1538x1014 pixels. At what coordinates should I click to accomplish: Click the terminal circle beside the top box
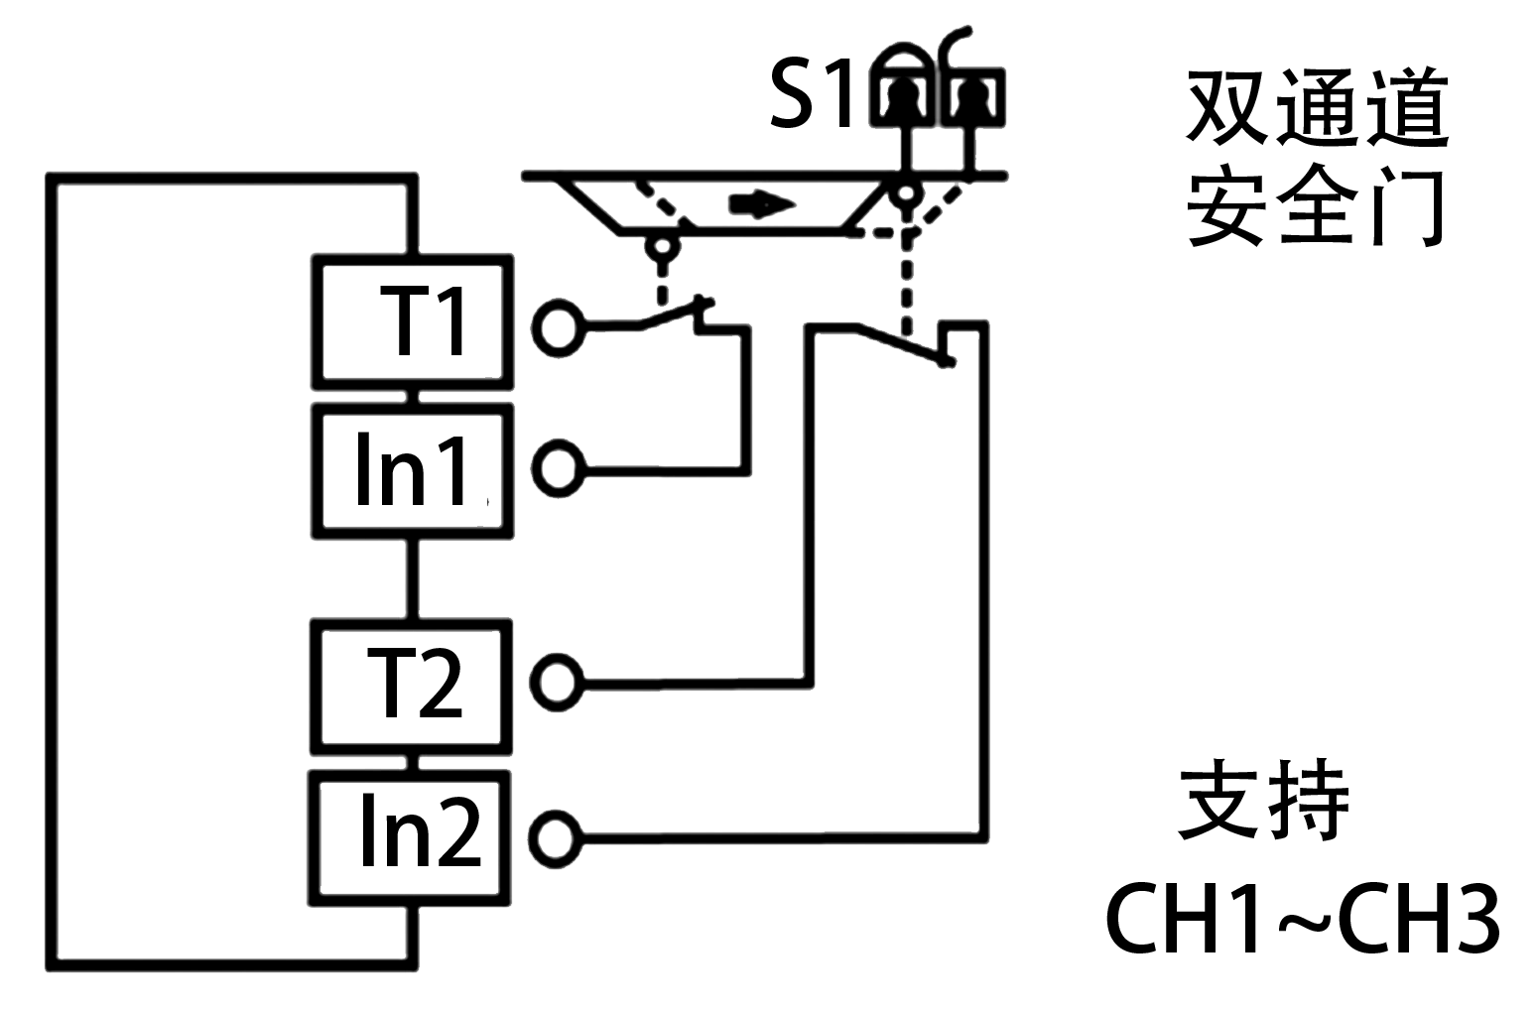pos(558,327)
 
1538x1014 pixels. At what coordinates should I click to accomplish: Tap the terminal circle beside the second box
pos(558,467)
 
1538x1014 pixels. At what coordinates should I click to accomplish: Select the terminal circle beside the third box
pos(558,683)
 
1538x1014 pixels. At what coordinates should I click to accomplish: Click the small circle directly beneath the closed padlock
pos(905,191)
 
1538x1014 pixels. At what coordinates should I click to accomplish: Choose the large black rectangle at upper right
pos(1316,157)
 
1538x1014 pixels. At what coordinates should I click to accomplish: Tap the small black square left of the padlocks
pos(810,92)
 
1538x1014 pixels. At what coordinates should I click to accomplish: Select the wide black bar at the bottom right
pos(1302,918)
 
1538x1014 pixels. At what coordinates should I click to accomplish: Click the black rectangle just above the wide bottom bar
pos(1262,799)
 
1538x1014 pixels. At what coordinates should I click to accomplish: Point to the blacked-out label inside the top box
pos(422,320)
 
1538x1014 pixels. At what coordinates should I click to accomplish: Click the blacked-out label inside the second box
pos(411,468)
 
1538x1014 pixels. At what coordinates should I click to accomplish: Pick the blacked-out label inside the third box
pos(415,682)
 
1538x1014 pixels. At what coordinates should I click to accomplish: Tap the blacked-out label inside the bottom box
pos(422,829)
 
